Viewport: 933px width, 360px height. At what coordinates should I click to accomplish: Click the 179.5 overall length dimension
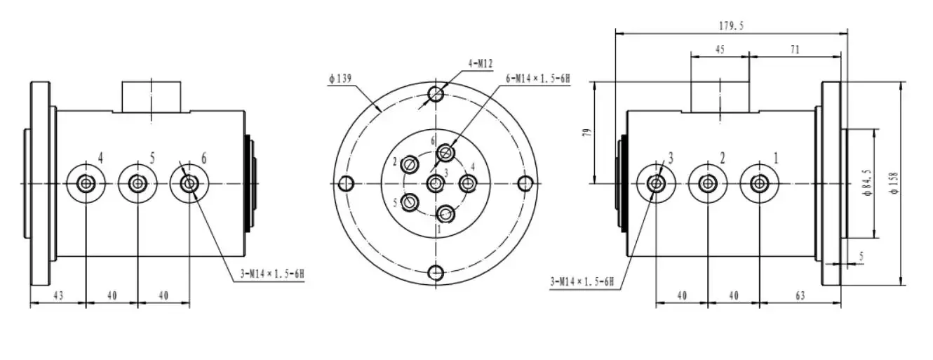pyautogui.click(x=731, y=26)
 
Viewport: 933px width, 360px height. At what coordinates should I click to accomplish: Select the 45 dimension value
pyautogui.click(x=720, y=50)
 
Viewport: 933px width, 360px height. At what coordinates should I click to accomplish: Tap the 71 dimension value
pyautogui.click(x=795, y=50)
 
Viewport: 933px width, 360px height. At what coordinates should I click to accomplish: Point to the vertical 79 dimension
pyautogui.click(x=587, y=133)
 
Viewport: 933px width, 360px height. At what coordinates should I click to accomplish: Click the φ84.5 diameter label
pyautogui.click(x=868, y=183)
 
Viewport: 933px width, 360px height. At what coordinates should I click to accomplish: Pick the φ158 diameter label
pyautogui.click(x=894, y=183)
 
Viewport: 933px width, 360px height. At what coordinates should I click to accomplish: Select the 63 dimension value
pyautogui.click(x=800, y=296)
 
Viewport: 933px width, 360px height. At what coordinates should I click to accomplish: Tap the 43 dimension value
pyautogui.click(x=58, y=296)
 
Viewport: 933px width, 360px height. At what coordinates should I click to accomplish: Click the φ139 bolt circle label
pyautogui.click(x=340, y=79)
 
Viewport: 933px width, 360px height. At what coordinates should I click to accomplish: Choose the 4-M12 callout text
pyautogui.click(x=481, y=64)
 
